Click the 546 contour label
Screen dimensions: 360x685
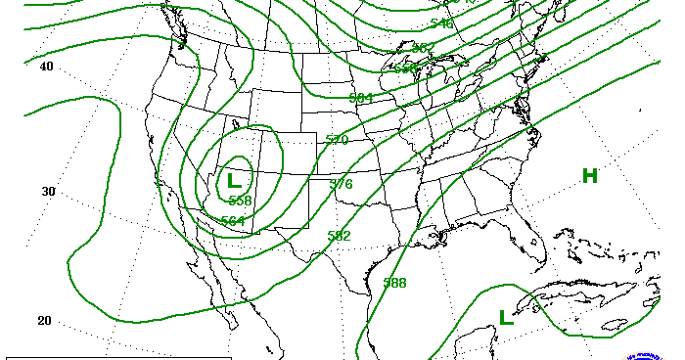[441, 22]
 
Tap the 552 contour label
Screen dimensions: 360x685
[423, 47]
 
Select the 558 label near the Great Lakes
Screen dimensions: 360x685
[405, 68]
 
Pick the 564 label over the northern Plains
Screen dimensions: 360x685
[361, 98]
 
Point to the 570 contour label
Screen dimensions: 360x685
[337, 140]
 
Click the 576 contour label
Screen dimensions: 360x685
[341, 184]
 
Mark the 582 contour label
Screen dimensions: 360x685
[339, 235]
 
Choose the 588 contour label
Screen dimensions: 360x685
[394, 283]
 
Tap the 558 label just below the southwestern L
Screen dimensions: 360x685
[240, 200]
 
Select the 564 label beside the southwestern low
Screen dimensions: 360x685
[233, 220]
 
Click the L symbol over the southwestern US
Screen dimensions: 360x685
[234, 180]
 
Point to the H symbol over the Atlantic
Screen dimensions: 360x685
[589, 176]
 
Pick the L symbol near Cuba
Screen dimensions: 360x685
[506, 317]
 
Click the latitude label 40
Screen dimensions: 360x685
[46, 67]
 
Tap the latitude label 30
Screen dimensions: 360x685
[47, 191]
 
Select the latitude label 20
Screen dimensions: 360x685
[43, 321]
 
